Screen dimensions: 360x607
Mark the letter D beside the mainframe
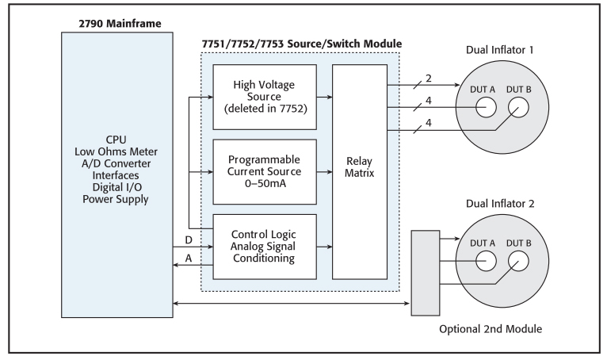coord(187,238)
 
